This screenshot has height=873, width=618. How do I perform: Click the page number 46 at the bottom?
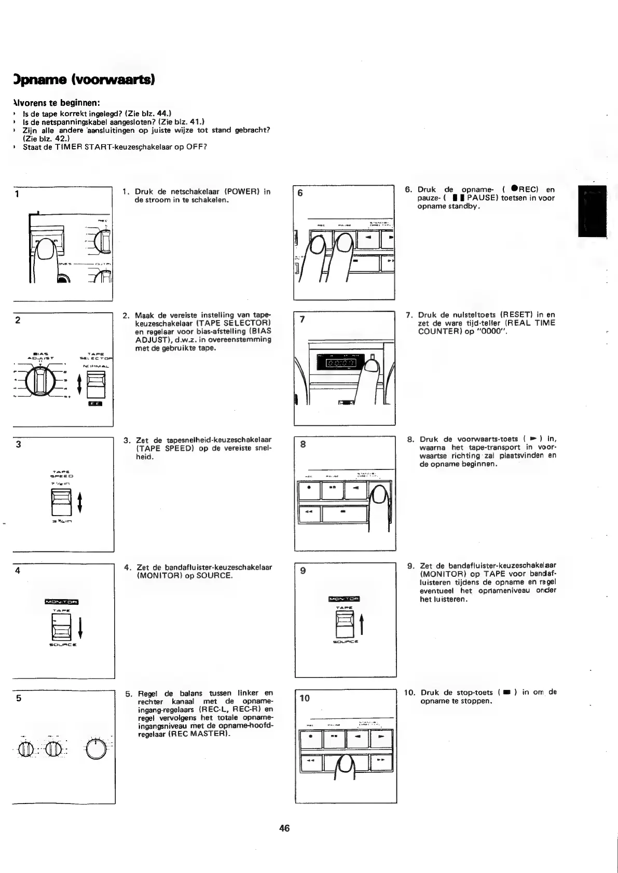(284, 828)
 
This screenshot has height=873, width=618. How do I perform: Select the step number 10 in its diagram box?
(305, 698)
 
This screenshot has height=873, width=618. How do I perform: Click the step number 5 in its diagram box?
(18, 698)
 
